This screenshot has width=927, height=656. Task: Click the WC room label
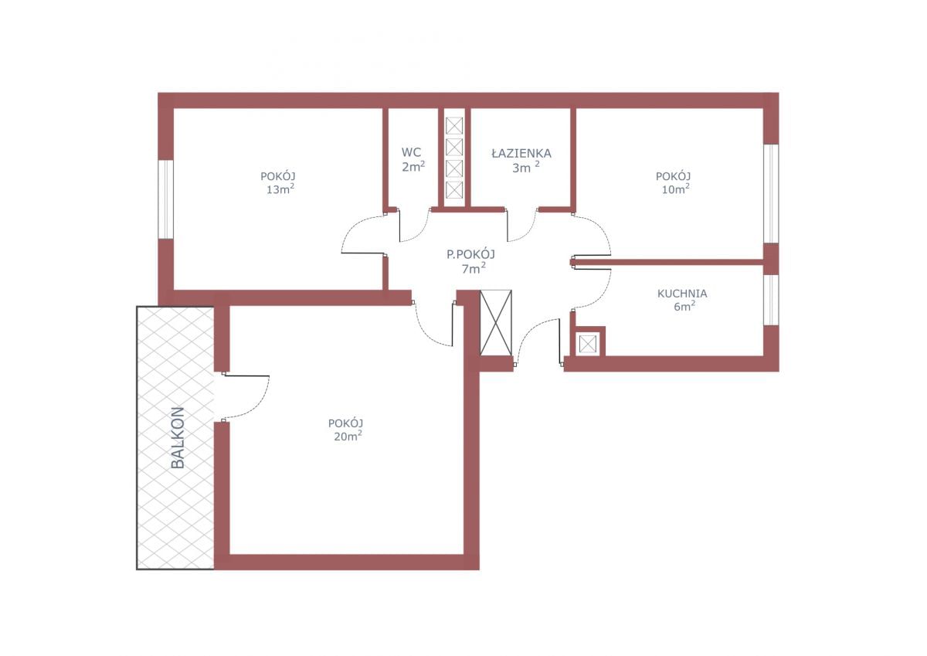tap(411, 152)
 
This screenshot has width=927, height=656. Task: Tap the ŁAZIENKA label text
tap(521, 154)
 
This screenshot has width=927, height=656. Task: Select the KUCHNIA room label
tap(682, 294)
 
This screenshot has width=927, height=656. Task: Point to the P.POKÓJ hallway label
tap(470, 254)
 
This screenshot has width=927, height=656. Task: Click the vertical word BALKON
tap(178, 437)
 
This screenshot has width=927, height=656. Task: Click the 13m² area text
tap(280, 189)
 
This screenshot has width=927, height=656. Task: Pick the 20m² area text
tap(348, 437)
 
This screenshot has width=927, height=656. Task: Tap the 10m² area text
tap(675, 189)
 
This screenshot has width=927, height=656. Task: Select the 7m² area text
tap(474, 269)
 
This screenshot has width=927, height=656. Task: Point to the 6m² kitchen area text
tap(684, 306)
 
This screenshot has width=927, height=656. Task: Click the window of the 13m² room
tap(165, 199)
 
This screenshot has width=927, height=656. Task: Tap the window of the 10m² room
tap(771, 193)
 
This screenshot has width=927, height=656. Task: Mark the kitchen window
tap(771, 300)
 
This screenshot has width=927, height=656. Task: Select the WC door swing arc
tap(420, 233)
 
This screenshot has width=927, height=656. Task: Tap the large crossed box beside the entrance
tap(496, 322)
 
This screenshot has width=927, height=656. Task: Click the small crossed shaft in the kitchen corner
tap(588, 344)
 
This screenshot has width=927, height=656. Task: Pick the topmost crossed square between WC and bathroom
tap(454, 126)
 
